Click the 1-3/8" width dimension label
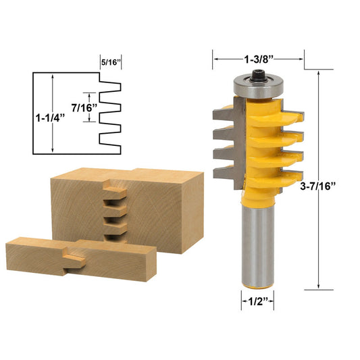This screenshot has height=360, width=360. [259, 59]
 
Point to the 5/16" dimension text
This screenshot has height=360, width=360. [110, 62]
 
